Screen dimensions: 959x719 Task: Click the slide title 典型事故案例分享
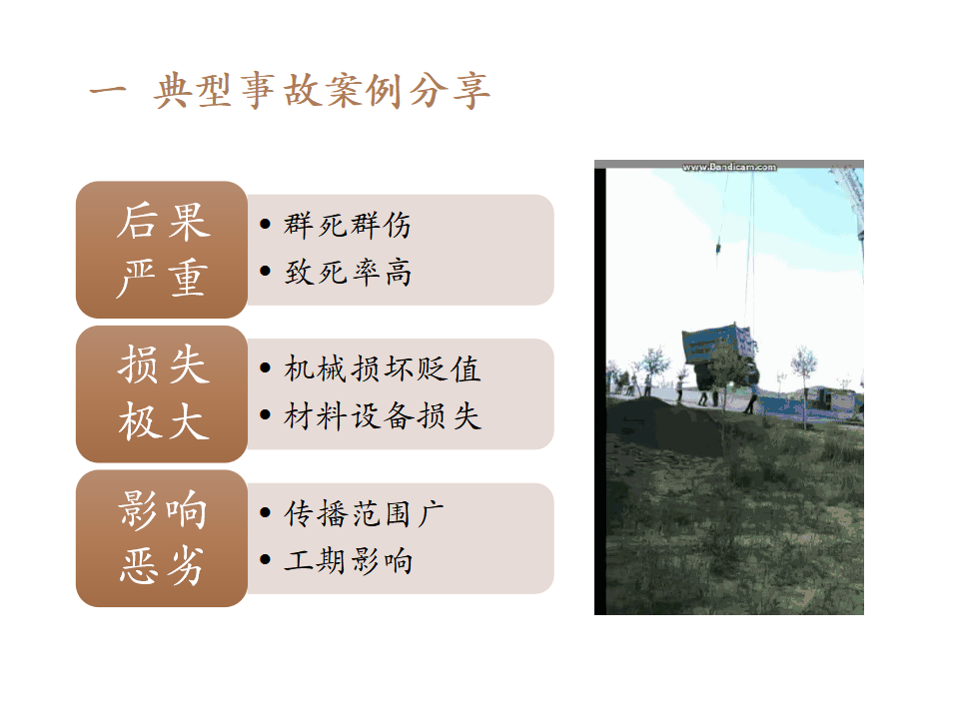point(322,91)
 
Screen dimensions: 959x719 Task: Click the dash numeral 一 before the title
point(108,91)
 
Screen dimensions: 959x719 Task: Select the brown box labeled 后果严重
point(162,250)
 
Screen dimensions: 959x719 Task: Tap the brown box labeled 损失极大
point(162,393)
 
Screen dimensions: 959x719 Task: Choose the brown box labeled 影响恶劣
point(162,538)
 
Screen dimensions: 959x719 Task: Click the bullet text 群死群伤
point(348,225)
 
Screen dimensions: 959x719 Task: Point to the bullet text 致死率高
point(348,272)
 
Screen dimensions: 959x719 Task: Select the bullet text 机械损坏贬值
point(383,369)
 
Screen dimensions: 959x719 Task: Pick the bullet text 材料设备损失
point(383,416)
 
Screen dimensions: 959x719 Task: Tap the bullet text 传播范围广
point(364,513)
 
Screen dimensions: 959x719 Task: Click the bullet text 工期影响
point(348,560)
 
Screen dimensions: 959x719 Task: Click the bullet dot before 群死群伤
point(265,224)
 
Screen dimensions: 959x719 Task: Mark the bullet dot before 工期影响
point(265,559)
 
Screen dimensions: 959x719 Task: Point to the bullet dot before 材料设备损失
point(265,415)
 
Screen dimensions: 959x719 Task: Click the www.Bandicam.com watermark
point(729,167)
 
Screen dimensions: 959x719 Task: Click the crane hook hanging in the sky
point(718,247)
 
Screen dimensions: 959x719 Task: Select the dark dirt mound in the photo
point(660,421)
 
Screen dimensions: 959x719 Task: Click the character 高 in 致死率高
point(399,272)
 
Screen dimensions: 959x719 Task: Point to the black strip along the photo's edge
point(600,391)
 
